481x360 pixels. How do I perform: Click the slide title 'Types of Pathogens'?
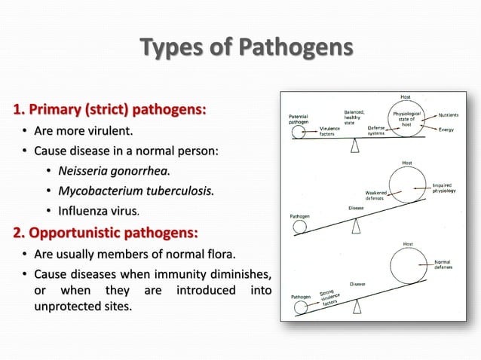pyautogui.click(x=247, y=49)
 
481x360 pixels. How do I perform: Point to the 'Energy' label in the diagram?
pyautogui.click(x=451, y=129)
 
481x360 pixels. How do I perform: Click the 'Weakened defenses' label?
pyautogui.click(x=375, y=195)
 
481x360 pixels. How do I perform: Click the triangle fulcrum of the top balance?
pyautogui.click(x=354, y=146)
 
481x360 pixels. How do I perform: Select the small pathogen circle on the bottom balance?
pyautogui.click(x=300, y=306)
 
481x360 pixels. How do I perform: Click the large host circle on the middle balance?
pyautogui.click(x=407, y=185)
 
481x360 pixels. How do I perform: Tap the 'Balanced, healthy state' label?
pyautogui.click(x=354, y=117)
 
